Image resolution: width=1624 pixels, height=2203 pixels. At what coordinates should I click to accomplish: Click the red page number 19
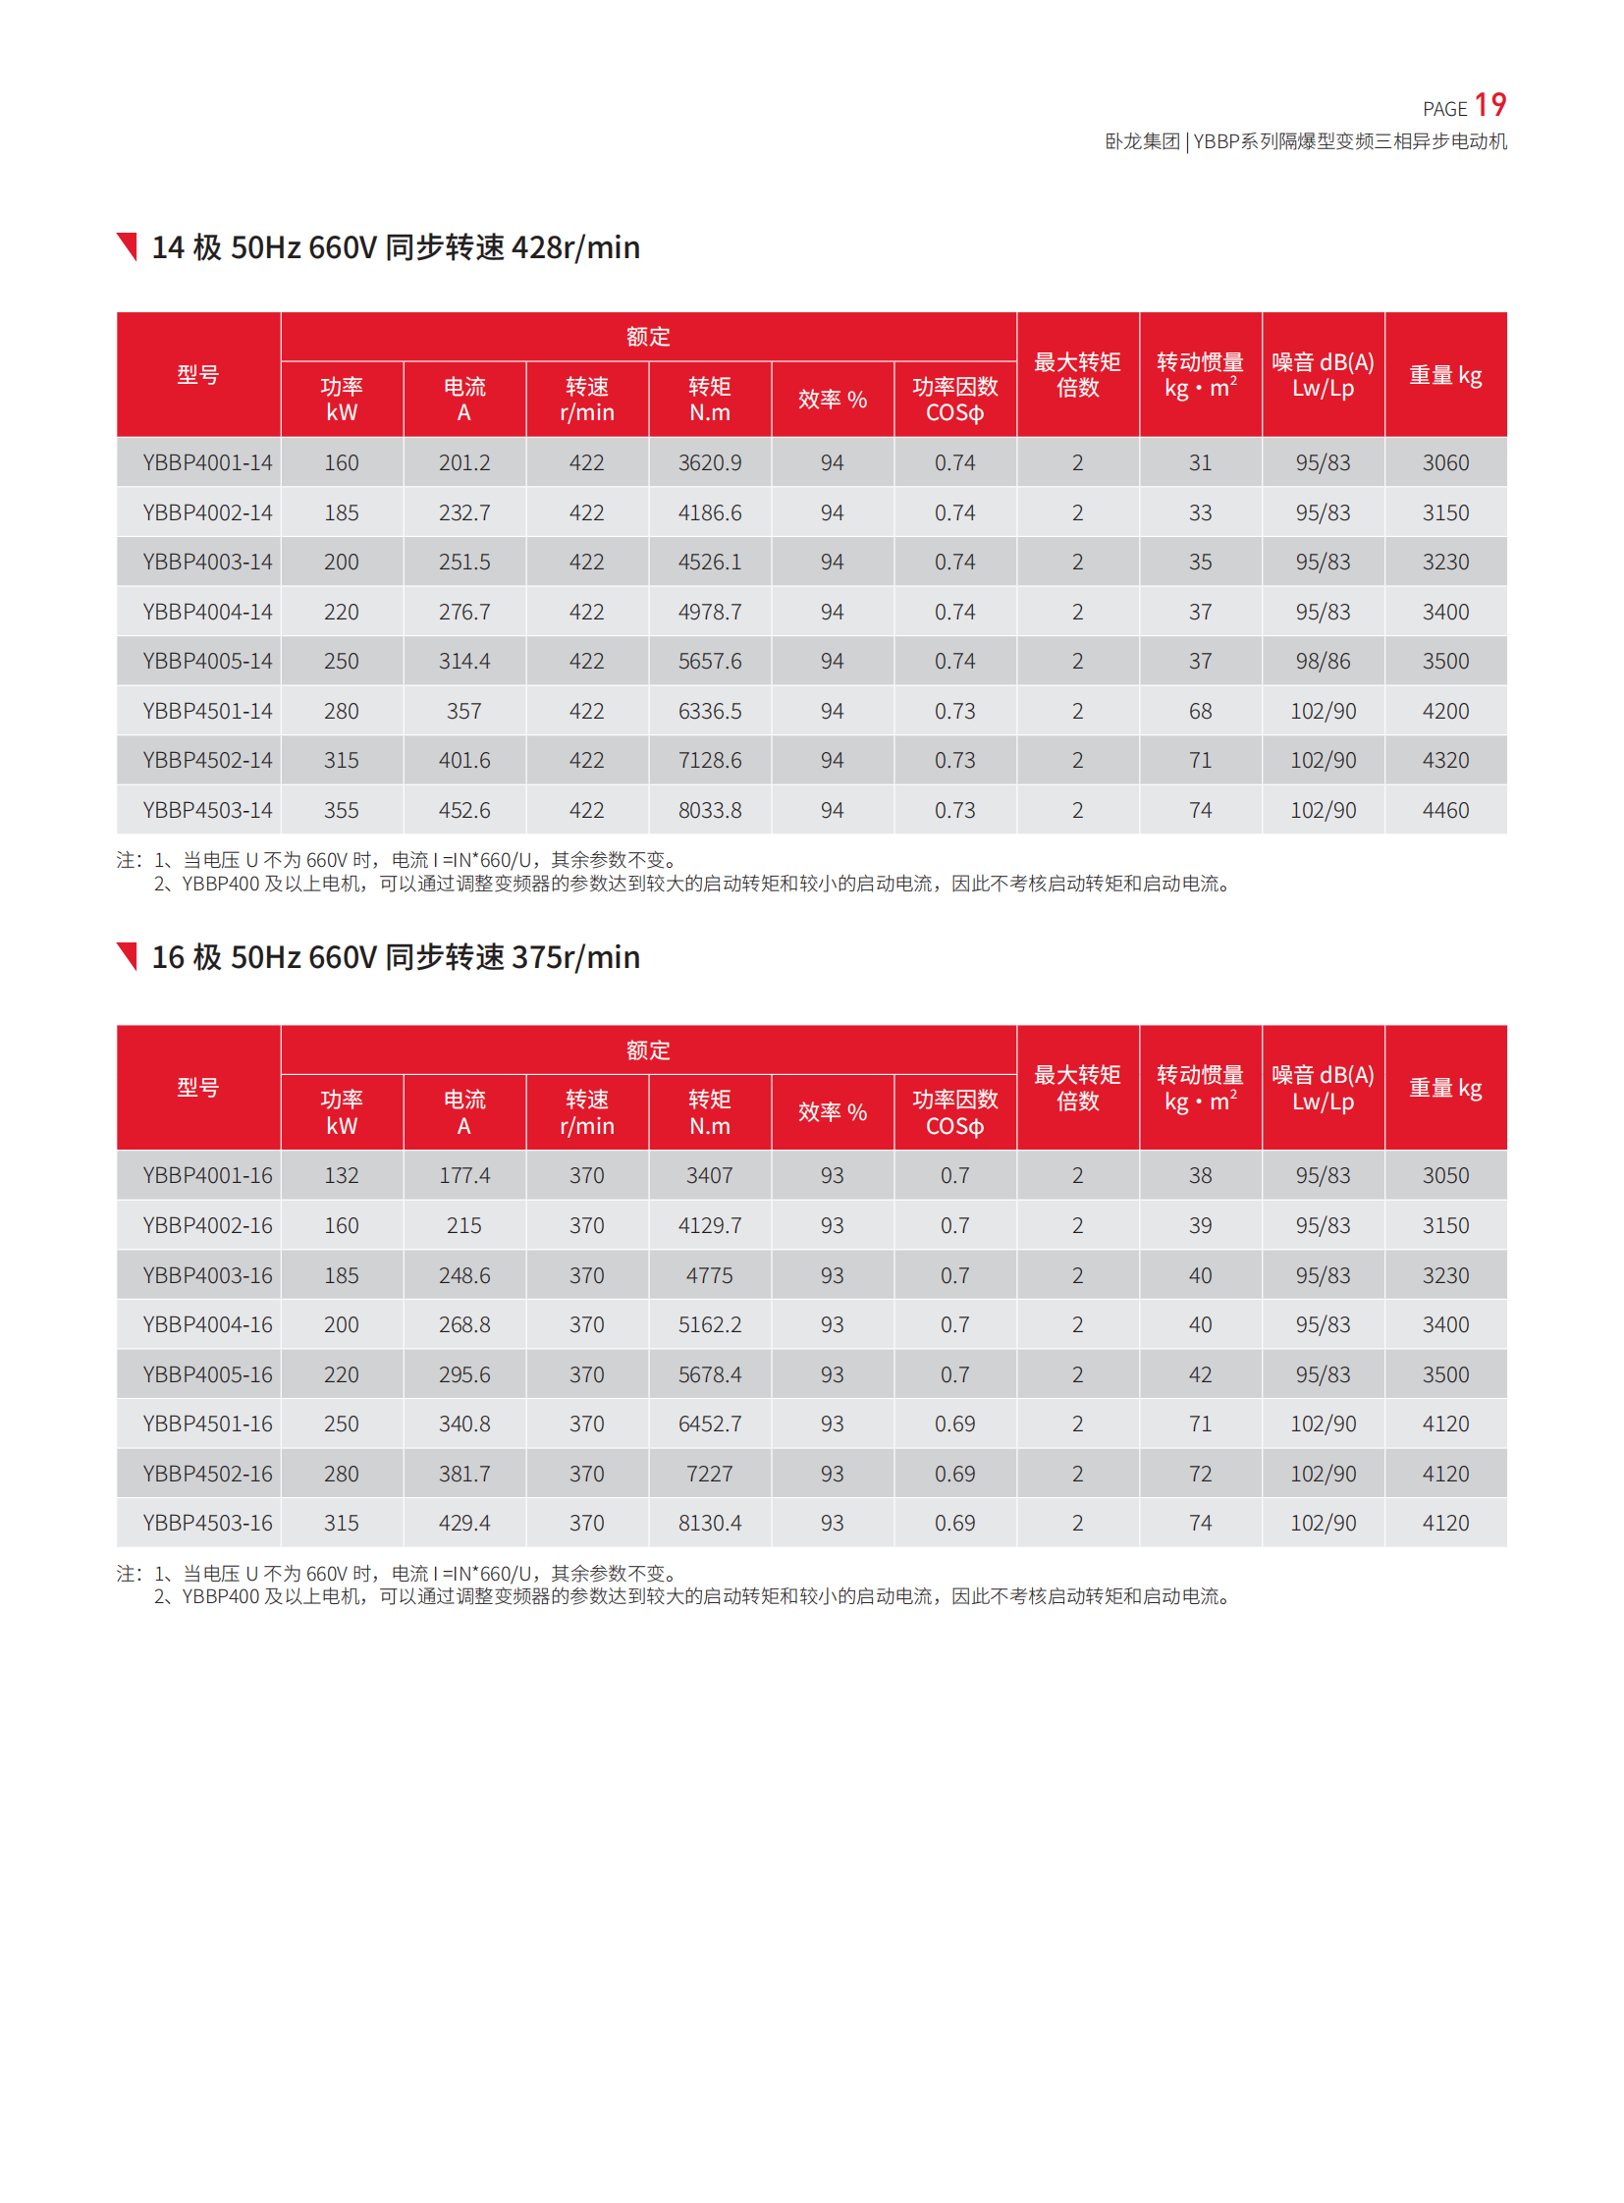[1489, 105]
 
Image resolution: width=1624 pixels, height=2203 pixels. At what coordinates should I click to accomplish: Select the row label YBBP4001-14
[206, 463]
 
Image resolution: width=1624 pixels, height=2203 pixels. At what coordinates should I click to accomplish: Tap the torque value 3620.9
[709, 463]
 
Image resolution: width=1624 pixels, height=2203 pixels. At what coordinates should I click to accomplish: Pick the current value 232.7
[464, 513]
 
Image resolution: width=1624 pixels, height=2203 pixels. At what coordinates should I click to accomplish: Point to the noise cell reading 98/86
[1323, 662]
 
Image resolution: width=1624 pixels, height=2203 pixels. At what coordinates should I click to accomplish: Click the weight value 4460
[1445, 811]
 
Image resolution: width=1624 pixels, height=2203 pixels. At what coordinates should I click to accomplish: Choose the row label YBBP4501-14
[206, 712]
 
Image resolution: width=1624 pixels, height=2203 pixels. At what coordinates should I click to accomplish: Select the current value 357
[464, 712]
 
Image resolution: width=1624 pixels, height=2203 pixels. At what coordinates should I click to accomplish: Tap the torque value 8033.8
[709, 811]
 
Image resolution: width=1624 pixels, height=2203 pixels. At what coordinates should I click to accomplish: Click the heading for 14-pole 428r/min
[395, 247]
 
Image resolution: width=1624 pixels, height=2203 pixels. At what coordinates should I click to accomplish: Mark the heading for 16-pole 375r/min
[395, 957]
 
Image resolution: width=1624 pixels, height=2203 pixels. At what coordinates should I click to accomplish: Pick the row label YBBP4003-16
[206, 1276]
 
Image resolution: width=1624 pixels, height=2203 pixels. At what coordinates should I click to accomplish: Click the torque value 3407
[709, 1176]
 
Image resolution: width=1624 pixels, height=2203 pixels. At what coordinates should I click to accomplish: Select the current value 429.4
[464, 1524]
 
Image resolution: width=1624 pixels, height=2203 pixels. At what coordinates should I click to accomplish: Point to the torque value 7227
[709, 1475]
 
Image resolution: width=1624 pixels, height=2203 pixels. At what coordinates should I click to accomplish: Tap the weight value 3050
[1445, 1176]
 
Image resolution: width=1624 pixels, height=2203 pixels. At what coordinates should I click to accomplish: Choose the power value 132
[341, 1176]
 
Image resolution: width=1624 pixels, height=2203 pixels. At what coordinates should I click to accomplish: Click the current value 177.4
[464, 1176]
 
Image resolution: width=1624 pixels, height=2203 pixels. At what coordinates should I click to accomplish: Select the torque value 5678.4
[709, 1375]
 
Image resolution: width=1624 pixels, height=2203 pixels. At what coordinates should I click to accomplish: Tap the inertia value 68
[1199, 712]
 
